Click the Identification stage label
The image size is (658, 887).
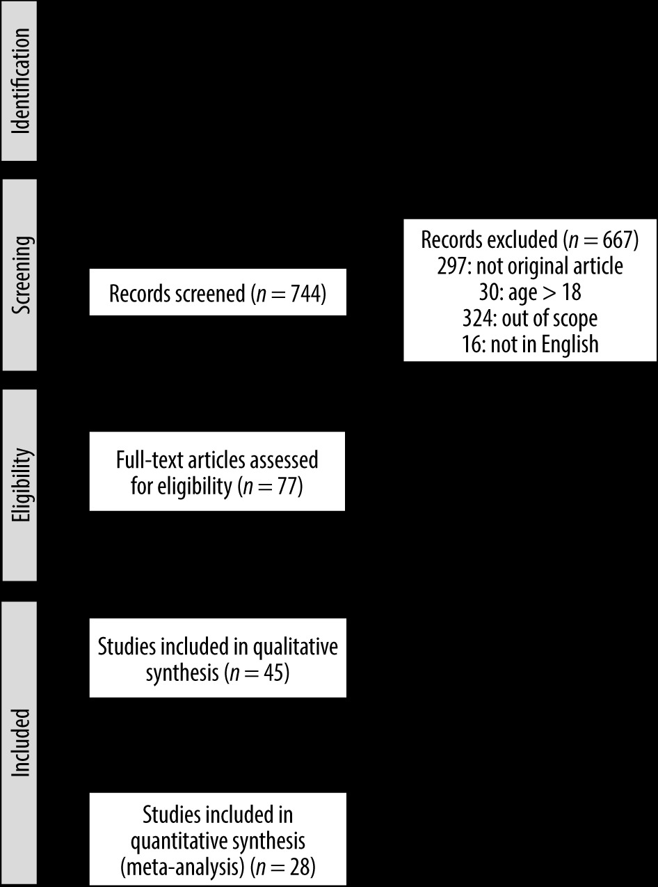click(20, 81)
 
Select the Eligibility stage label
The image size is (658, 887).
click(20, 485)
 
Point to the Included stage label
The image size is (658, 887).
click(20, 743)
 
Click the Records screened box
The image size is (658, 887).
click(218, 292)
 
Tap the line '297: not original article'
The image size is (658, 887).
click(530, 266)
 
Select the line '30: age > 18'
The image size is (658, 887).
click(530, 292)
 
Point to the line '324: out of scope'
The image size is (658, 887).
click(530, 318)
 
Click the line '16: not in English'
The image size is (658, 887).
click(530, 345)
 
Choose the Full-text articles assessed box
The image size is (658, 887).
click(217, 471)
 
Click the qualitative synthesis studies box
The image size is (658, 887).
click(218, 658)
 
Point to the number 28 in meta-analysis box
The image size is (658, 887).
click(300, 868)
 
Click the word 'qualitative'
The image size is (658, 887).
click(295, 647)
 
